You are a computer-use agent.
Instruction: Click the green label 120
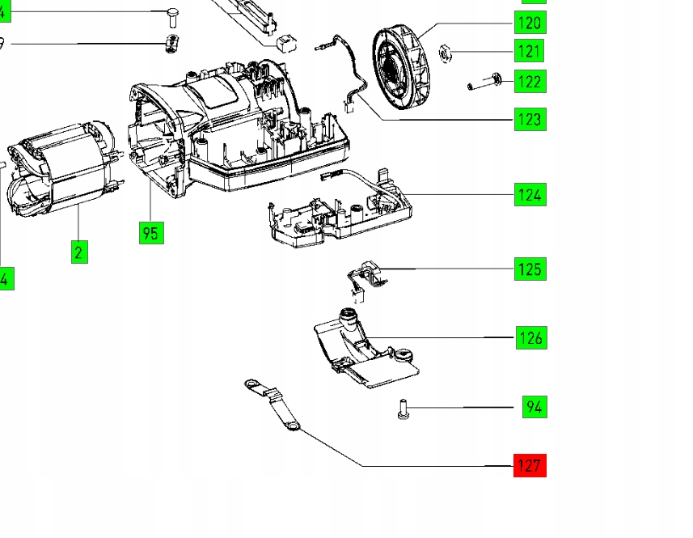point(530,23)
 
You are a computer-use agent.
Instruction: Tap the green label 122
point(530,82)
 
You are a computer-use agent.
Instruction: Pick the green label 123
point(530,120)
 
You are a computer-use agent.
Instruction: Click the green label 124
point(530,194)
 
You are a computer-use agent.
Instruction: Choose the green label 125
point(530,269)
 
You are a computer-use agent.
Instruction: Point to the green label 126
point(530,337)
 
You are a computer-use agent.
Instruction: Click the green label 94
point(533,406)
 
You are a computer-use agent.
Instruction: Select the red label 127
point(530,465)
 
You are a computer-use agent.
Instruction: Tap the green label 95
point(150,233)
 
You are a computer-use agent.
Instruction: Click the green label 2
point(78,252)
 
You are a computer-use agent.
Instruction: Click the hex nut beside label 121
point(444,54)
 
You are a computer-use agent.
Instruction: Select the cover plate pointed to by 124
point(340,210)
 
